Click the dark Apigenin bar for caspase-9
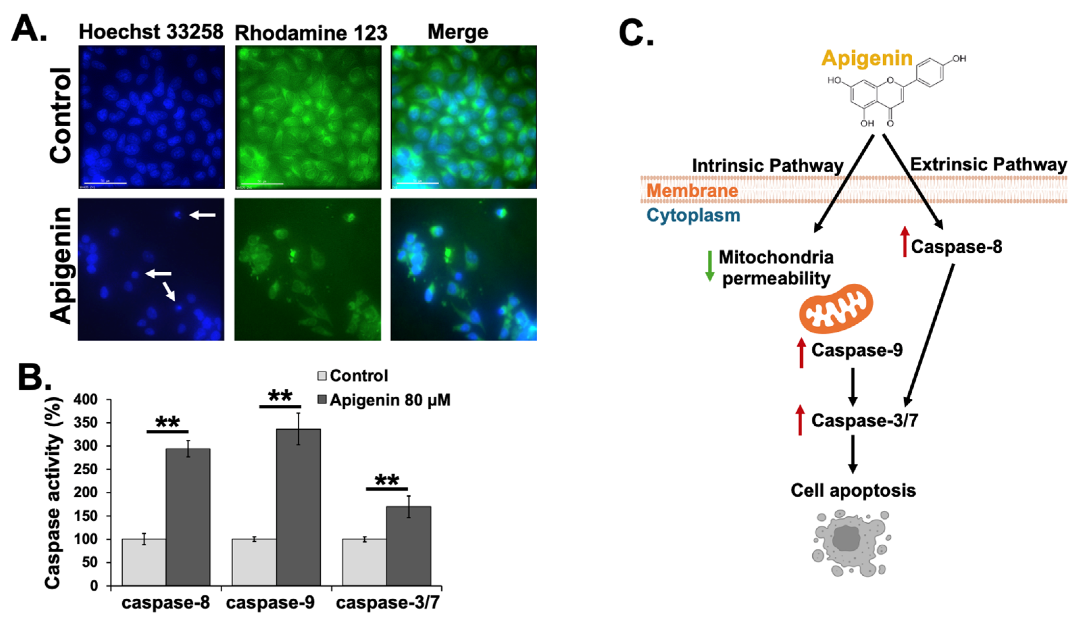click(x=298, y=507)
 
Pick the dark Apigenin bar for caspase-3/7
click(x=408, y=546)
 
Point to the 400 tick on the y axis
click(x=92, y=400)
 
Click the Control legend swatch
click(x=322, y=376)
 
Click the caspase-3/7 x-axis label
click(x=388, y=603)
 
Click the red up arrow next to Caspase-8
click(x=904, y=242)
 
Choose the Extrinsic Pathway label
click(x=988, y=164)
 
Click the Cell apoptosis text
click(x=853, y=490)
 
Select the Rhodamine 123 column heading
click(x=311, y=33)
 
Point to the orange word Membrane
click(x=692, y=191)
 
